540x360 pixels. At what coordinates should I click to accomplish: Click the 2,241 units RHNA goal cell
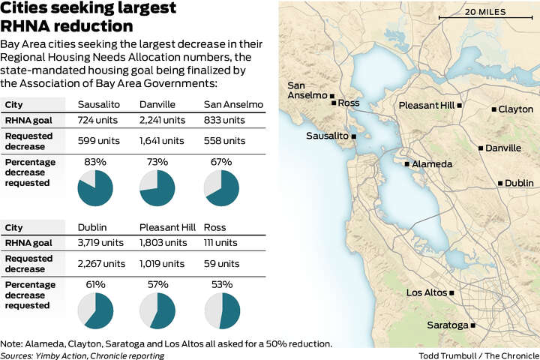pos(162,120)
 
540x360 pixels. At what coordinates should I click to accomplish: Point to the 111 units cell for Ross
pos(220,243)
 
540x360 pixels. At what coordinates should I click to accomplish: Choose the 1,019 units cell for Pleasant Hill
pos(162,263)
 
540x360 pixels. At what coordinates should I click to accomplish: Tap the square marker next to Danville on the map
pos(481,148)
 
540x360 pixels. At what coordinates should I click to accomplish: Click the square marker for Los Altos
pos(452,292)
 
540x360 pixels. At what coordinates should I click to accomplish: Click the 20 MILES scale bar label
pos(484,12)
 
